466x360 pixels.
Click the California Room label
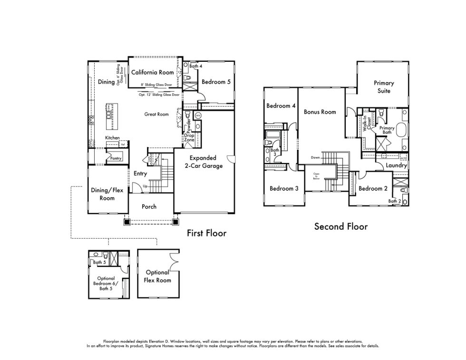tap(153, 73)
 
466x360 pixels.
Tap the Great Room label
tap(156, 115)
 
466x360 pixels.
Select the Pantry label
tap(116, 158)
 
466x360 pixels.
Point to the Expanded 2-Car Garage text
tap(203, 162)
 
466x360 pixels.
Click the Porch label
tap(149, 206)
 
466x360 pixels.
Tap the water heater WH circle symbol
tap(198, 116)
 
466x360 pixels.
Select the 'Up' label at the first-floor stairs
tap(145, 186)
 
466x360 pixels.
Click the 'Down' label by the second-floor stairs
tap(315, 157)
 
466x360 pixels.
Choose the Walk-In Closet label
tap(367, 123)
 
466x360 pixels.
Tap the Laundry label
tap(396, 166)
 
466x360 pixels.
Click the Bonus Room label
tap(320, 112)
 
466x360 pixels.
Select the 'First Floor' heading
tap(206, 233)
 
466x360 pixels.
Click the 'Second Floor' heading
tap(340, 226)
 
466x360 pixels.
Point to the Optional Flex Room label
tap(157, 276)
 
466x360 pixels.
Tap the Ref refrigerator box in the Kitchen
tap(122, 144)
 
